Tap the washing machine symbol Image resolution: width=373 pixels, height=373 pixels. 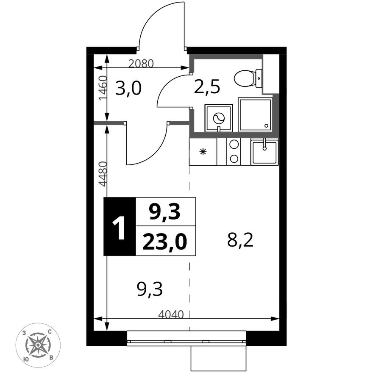click(218, 118)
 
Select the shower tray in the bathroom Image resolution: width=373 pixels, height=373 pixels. click(255, 114)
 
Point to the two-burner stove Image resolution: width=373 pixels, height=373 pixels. click(233, 151)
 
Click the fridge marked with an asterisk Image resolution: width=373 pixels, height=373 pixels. click(203, 152)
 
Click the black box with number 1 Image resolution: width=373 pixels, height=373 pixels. click(120, 227)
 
